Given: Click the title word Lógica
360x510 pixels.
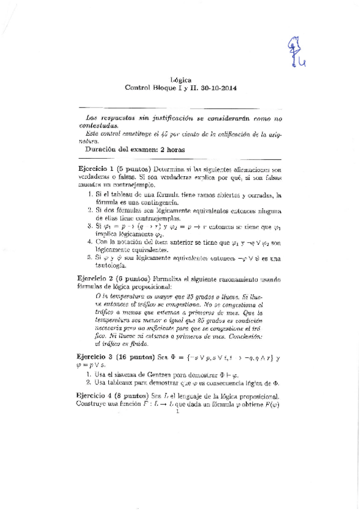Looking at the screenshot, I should [x=181, y=79].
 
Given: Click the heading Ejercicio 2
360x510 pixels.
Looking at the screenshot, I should [x=96, y=279].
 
